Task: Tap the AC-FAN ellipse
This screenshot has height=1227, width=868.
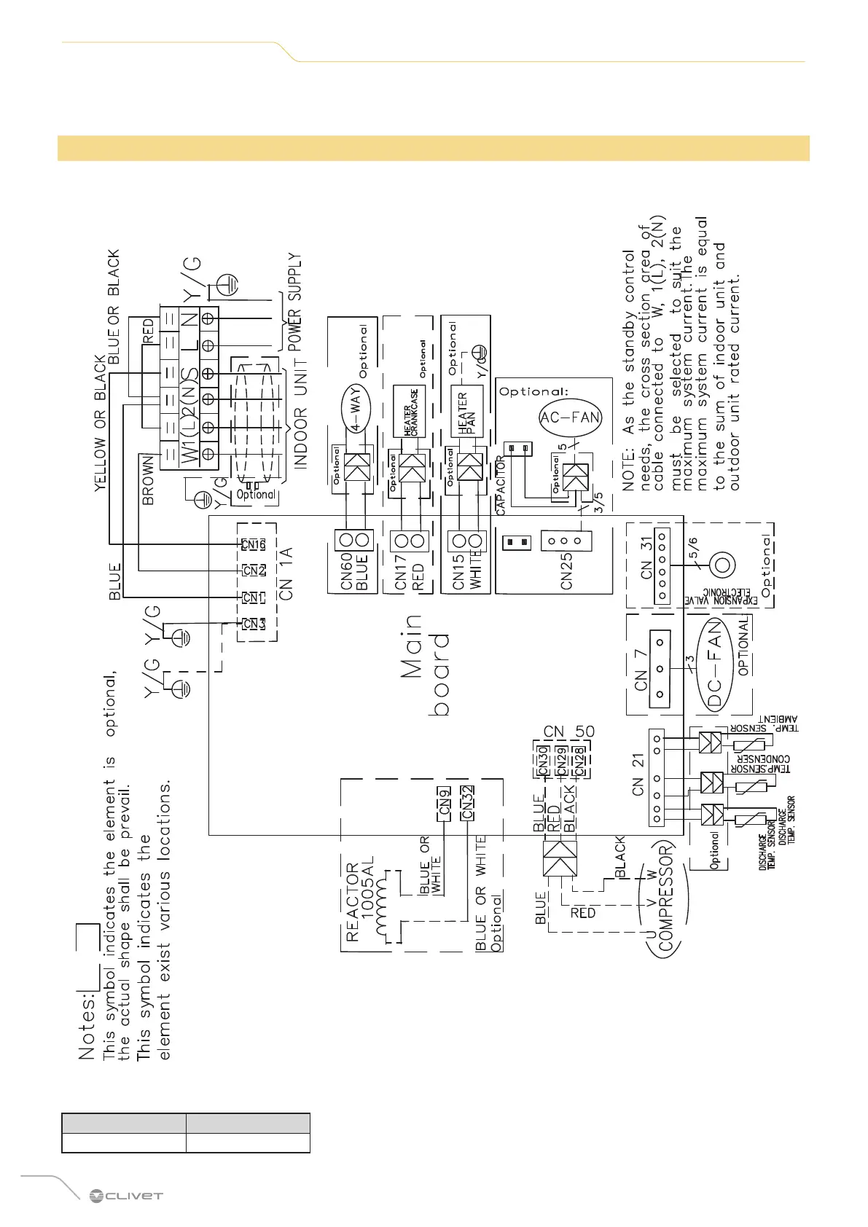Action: pyautogui.click(x=570, y=418)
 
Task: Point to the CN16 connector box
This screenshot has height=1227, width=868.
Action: pyautogui.click(x=254, y=544)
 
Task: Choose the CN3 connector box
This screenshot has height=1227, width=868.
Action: pyautogui.click(x=254, y=623)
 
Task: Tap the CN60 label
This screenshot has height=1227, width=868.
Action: pyautogui.click(x=347, y=571)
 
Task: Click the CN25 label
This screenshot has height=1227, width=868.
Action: pyautogui.click(x=566, y=571)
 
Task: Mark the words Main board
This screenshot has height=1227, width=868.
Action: pyautogui.click(x=426, y=665)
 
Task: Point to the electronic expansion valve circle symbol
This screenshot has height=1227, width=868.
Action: pyautogui.click(x=722, y=565)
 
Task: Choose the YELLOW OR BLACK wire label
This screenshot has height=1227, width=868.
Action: pyautogui.click(x=101, y=423)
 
